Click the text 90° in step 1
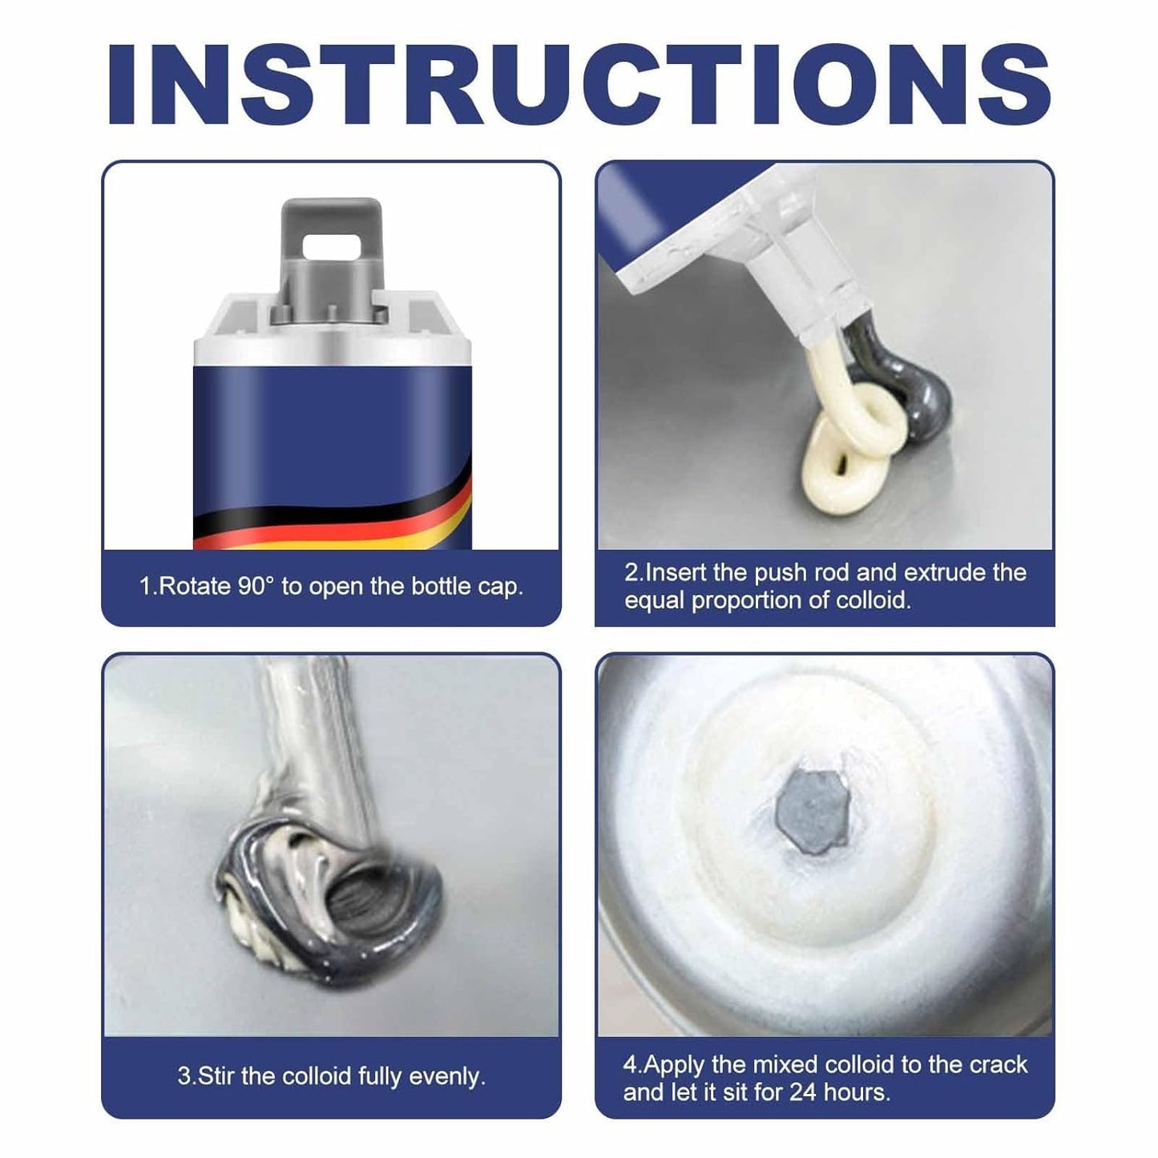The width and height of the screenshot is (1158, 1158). coord(256,587)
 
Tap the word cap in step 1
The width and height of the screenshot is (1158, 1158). coord(500,587)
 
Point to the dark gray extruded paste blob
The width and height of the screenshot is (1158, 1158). coord(922,393)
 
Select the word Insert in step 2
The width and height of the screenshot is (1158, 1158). coord(676,573)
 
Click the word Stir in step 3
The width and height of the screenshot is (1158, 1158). coord(215,1075)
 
